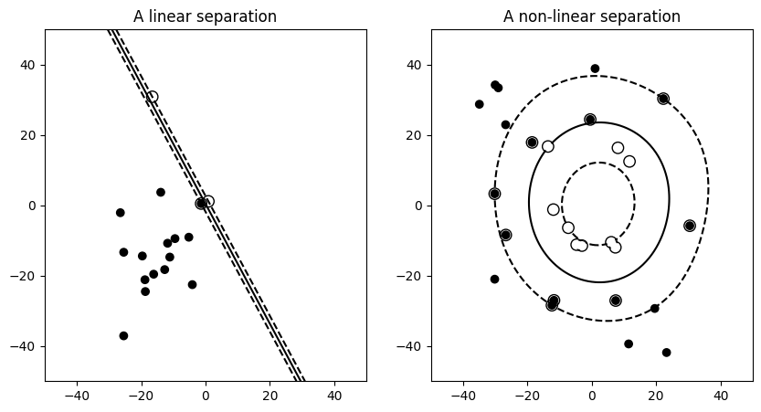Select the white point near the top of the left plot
click(x=153, y=97)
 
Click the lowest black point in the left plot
click(x=123, y=335)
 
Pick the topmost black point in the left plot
click(x=161, y=192)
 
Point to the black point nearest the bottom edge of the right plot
click(x=666, y=353)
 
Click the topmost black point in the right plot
click(x=595, y=69)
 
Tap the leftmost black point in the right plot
click(x=479, y=104)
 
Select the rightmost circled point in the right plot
click(x=690, y=226)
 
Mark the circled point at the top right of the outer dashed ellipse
click(x=663, y=99)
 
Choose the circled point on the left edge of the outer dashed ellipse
click(x=494, y=194)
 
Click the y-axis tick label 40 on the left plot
click(x=27, y=65)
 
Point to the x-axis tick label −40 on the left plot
click(x=77, y=396)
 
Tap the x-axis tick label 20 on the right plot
click(x=656, y=396)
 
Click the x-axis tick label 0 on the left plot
click(x=206, y=396)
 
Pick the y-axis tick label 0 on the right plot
click(x=419, y=206)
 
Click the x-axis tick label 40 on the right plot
click(x=720, y=396)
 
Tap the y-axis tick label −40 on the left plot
click(x=24, y=346)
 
